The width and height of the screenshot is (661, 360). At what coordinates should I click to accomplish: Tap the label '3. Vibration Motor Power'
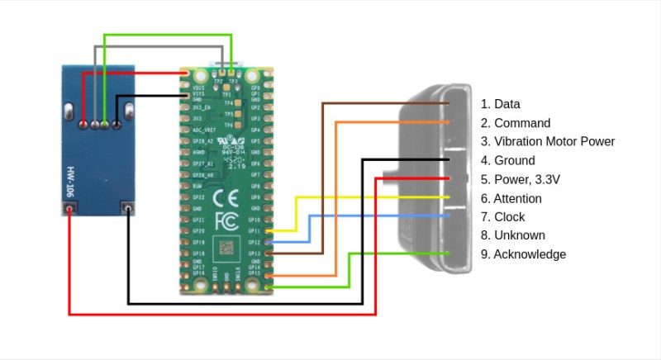(548, 142)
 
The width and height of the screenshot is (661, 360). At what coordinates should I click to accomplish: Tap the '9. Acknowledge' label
(523, 254)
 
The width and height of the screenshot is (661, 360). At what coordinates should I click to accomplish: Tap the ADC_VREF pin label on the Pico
(203, 130)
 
